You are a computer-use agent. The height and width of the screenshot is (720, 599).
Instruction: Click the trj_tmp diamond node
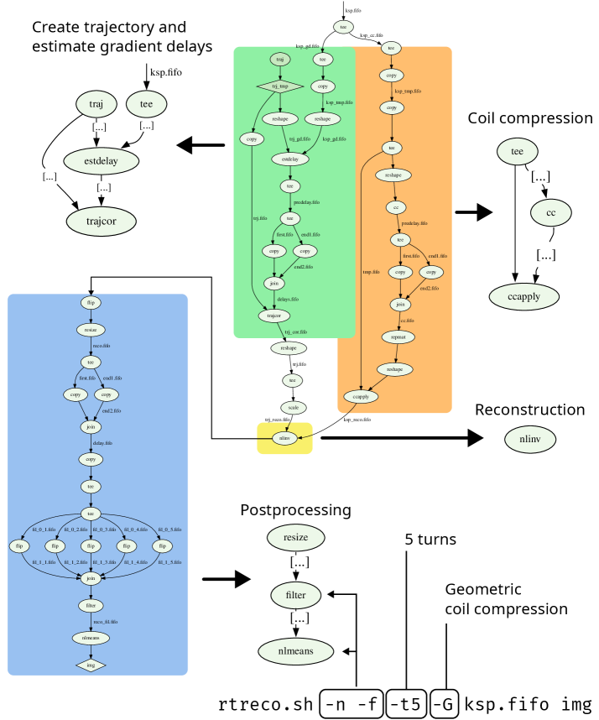pos(279,86)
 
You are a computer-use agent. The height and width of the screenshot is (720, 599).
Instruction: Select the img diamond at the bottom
pos(91,665)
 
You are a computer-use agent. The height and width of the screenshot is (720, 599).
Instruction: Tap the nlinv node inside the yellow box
pos(284,438)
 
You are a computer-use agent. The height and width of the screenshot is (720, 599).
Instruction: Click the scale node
pos(293,408)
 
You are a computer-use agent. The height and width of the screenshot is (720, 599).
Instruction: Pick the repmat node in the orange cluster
pos(398,337)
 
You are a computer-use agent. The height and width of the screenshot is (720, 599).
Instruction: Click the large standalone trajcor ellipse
pos(102,222)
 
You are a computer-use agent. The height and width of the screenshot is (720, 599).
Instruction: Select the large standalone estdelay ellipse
pos(102,160)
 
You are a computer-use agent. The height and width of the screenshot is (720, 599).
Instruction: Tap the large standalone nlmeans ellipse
pos(294,651)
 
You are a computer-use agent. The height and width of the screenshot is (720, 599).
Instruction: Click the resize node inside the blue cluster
pos(91,330)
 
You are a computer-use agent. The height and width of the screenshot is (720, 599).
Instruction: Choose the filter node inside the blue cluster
pos(91,605)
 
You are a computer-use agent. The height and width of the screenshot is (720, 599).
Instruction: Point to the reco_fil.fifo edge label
pos(106,622)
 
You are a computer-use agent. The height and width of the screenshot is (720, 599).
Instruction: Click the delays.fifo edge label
pos(288,300)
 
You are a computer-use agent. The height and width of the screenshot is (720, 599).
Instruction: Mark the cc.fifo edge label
pos(407,321)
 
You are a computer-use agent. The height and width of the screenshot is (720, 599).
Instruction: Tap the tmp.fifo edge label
pos(371,272)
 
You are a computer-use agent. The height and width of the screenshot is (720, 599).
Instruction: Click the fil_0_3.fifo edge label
pos(103,530)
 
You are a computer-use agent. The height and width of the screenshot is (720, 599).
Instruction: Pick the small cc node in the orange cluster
pos(396,207)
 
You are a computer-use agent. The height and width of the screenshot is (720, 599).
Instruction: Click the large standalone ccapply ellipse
pos(524,296)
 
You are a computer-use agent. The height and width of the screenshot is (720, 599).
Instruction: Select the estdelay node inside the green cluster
pos(290,159)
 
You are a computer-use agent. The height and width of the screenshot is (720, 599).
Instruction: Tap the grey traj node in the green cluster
pos(280,60)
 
